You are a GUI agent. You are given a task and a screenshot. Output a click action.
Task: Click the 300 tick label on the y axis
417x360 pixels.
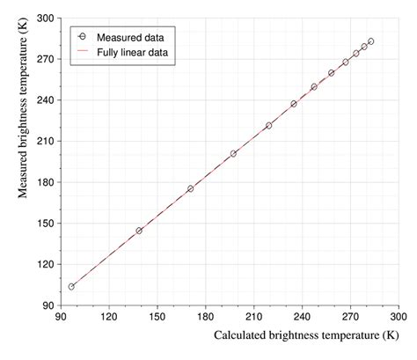tap(45, 18)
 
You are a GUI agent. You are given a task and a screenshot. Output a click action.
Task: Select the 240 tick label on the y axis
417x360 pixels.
tap(45, 99)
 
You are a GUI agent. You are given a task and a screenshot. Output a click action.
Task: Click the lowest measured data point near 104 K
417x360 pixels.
tap(71, 286)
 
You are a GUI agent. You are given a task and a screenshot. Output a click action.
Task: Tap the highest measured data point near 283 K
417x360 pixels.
tap(371, 41)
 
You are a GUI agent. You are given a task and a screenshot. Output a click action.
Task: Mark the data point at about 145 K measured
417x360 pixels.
tap(139, 231)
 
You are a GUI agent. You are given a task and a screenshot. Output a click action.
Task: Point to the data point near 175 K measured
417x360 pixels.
tap(190, 188)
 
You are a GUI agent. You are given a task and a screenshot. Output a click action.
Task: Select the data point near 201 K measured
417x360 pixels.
tap(233, 153)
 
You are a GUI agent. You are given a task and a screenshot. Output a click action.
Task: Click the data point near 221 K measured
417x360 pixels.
tap(268, 126)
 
